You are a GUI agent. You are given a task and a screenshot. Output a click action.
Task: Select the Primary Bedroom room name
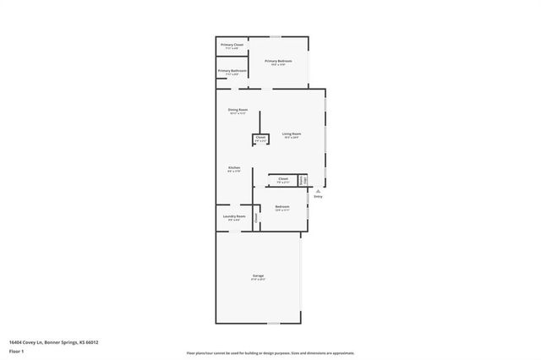[x=278, y=61]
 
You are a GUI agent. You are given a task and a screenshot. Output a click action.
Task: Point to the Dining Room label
[x=238, y=110]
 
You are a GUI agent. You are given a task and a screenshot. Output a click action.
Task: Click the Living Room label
[x=292, y=134]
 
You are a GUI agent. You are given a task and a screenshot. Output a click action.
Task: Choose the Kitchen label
[x=234, y=167]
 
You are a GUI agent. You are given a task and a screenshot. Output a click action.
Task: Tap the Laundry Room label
[x=234, y=216]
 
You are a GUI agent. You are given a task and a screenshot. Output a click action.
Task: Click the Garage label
[x=258, y=278]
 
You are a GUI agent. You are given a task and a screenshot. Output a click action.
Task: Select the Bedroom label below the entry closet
[x=282, y=206]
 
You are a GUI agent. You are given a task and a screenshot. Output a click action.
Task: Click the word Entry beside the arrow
[x=318, y=196]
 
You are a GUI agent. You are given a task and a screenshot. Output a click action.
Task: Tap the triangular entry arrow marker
[x=318, y=191]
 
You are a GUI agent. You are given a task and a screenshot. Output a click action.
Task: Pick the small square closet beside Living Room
[x=260, y=139]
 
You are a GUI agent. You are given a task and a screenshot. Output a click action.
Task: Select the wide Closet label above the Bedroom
[x=283, y=178]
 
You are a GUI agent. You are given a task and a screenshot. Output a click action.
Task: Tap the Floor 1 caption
[x=16, y=350]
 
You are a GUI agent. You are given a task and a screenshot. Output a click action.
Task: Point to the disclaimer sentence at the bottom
[x=270, y=353]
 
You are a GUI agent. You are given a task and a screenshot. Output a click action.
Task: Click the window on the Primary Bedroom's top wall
[x=275, y=35]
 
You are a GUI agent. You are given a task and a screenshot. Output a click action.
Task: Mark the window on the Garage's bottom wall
[x=275, y=323]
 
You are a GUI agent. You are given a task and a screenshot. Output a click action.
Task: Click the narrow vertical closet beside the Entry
[x=303, y=180]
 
